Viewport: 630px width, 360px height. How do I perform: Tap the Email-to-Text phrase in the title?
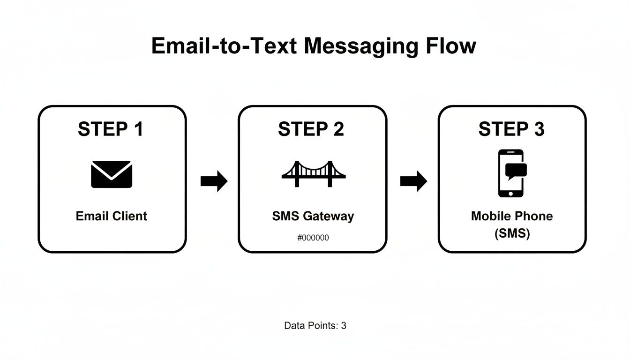[x=224, y=46]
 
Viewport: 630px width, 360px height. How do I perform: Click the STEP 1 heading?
[x=111, y=129]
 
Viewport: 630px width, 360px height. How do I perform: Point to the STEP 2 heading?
[x=311, y=129]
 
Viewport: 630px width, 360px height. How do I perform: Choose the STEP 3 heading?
[x=511, y=129]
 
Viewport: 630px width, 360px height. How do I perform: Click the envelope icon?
[x=112, y=174]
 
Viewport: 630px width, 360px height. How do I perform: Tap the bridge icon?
[x=313, y=174]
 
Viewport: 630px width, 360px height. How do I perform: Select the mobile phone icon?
[x=510, y=173]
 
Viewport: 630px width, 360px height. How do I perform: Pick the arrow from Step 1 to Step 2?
[x=214, y=181]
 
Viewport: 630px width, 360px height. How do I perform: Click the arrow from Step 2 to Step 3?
[x=413, y=181]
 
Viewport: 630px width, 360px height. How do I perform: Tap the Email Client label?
[x=112, y=216]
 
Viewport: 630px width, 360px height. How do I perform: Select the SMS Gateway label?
[x=313, y=216]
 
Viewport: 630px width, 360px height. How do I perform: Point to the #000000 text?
[x=313, y=238]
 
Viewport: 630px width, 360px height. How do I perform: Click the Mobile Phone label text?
[x=512, y=216]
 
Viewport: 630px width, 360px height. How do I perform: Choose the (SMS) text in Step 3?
[x=512, y=233]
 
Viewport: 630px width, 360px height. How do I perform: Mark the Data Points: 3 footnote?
[x=315, y=325]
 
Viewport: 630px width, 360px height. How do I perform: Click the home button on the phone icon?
[x=510, y=192]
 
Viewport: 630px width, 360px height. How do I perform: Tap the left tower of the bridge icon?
[x=297, y=174]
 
